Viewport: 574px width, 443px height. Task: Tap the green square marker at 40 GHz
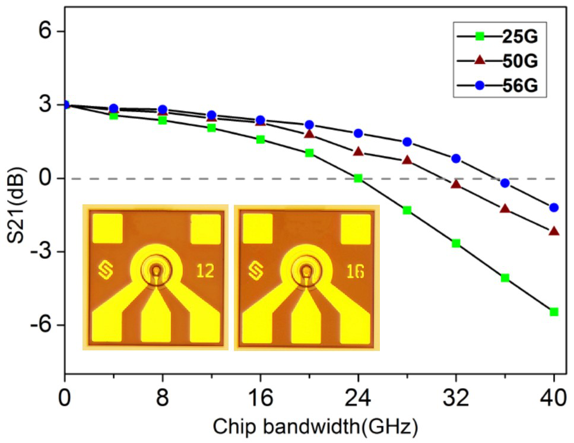pyautogui.click(x=554, y=312)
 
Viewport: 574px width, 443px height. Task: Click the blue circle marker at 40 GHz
pyautogui.click(x=554, y=207)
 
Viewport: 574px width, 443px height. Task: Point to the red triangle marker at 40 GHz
pyautogui.click(x=554, y=231)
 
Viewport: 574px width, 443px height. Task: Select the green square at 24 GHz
pyautogui.click(x=358, y=178)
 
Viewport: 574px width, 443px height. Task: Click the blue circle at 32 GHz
pyautogui.click(x=456, y=159)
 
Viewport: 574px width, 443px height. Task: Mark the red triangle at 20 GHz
pyautogui.click(x=309, y=134)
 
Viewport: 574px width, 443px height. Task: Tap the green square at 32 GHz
pyautogui.click(x=456, y=243)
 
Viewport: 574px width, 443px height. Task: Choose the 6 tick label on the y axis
pyautogui.click(x=44, y=31)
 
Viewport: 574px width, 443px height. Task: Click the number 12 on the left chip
pyautogui.click(x=205, y=271)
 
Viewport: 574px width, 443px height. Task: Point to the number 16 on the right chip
pyautogui.click(x=355, y=271)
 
